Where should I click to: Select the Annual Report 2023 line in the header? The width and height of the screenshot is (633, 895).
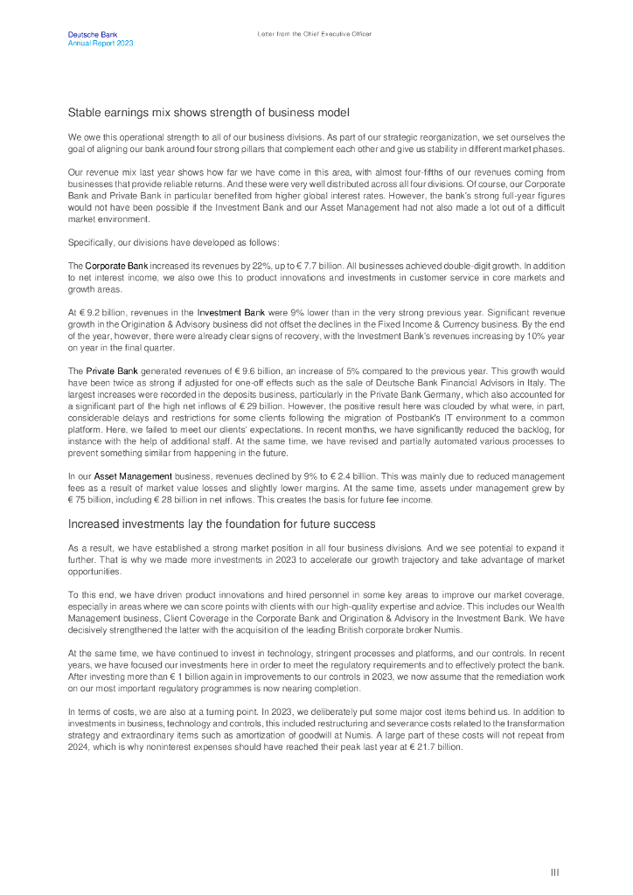coord(101,43)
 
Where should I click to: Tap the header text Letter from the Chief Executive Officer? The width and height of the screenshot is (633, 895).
coord(315,34)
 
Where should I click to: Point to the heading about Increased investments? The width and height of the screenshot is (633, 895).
coord(221,524)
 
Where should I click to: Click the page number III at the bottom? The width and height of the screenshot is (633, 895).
coord(554,872)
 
